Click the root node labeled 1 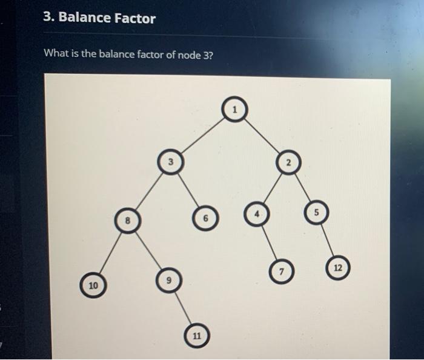(x=235, y=108)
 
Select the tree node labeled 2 (x=288, y=162)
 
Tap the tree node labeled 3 (x=171, y=162)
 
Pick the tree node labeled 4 (x=256, y=214)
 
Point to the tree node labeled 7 (x=282, y=269)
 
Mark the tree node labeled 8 (x=126, y=221)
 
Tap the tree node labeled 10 (x=93, y=284)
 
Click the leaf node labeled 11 (x=196, y=335)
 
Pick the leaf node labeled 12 (x=337, y=267)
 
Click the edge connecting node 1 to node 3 (x=203, y=135)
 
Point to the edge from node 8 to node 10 (x=109, y=252)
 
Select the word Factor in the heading (x=136, y=18)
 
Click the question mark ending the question (x=211, y=55)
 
